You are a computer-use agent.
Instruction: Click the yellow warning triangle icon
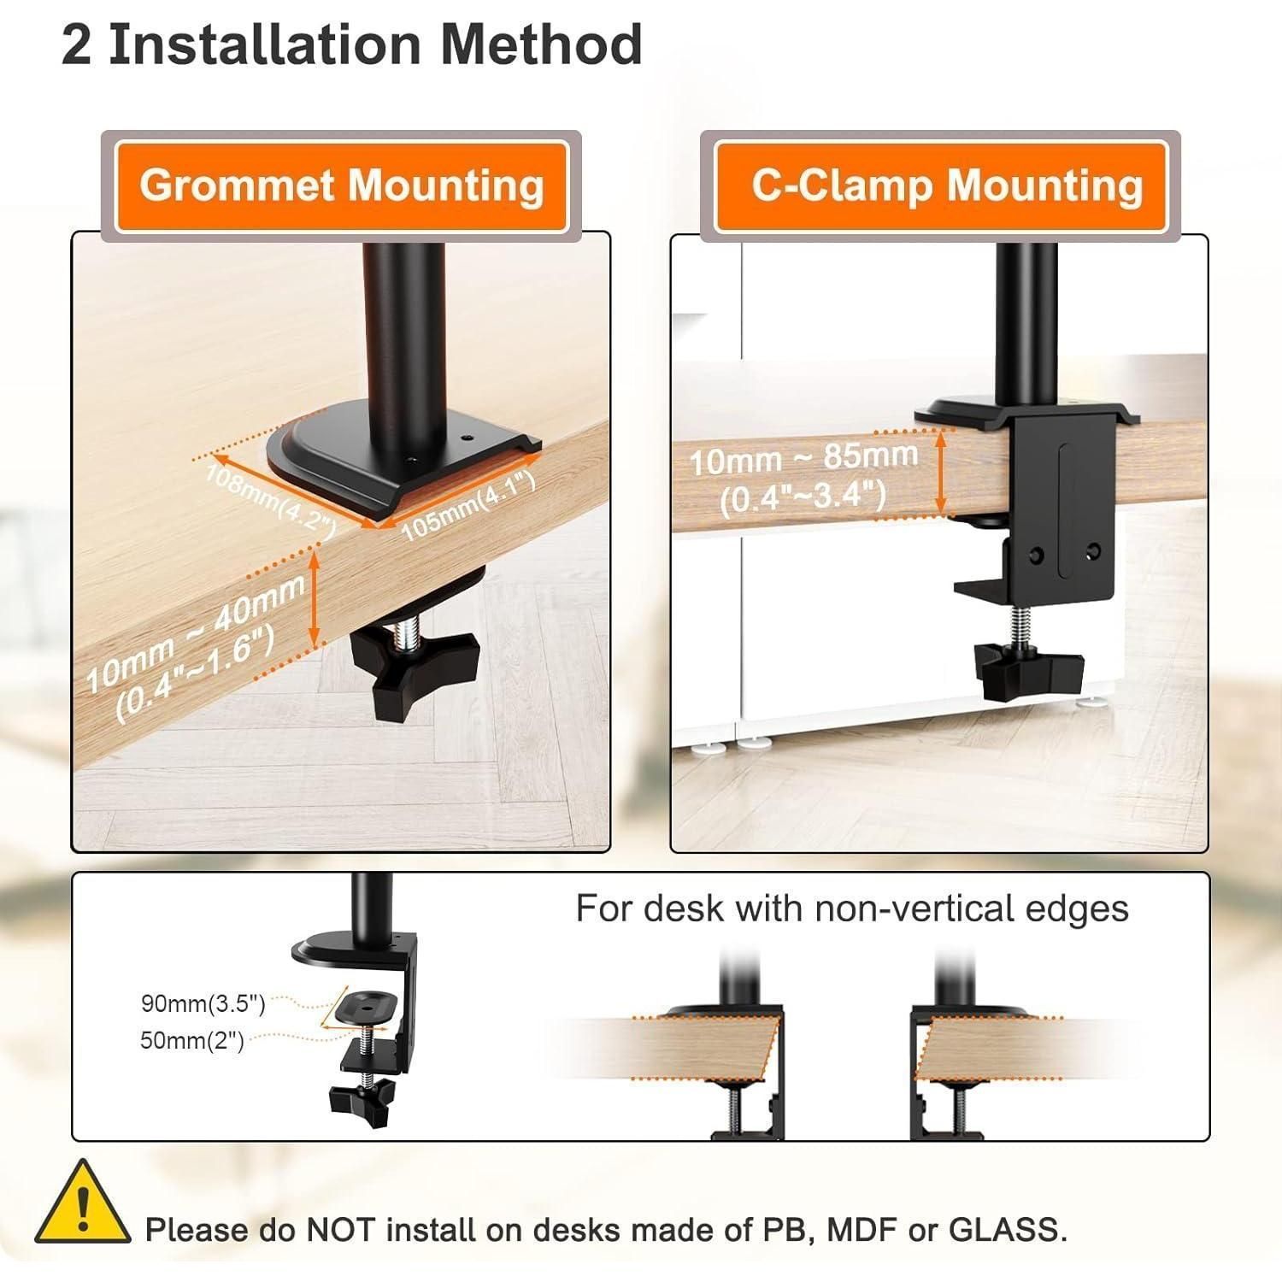click(x=83, y=1203)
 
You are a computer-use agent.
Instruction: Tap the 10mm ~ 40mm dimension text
click(x=195, y=632)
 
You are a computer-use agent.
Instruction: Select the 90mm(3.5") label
click(x=203, y=1003)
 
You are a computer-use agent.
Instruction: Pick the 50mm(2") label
click(x=192, y=1040)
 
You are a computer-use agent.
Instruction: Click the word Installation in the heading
click(x=265, y=44)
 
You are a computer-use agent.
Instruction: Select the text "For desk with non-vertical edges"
click(x=852, y=908)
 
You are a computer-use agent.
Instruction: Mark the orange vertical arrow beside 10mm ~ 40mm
click(x=315, y=599)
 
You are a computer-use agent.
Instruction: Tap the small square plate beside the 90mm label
click(x=368, y=1008)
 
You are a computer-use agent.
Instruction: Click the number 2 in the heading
click(x=76, y=44)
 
